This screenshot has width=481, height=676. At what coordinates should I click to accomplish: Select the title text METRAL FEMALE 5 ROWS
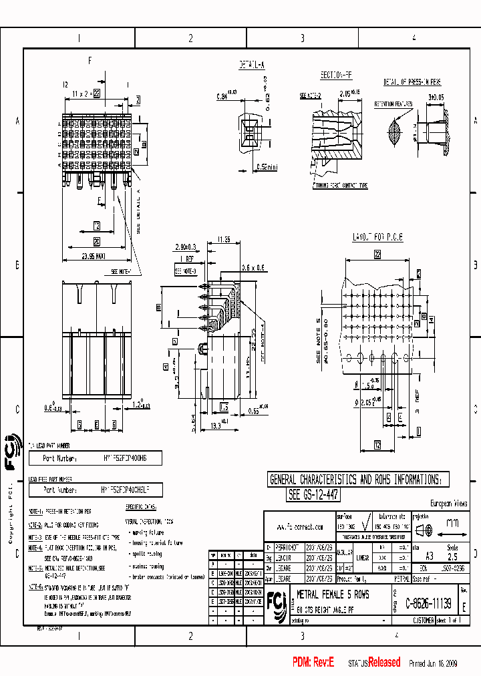point(332,594)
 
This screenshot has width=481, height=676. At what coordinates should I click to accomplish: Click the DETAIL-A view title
point(251,65)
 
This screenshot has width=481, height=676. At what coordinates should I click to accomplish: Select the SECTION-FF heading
point(335,75)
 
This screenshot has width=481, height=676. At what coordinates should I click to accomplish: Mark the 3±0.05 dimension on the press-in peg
point(436,98)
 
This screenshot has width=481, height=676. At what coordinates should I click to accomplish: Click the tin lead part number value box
point(96,459)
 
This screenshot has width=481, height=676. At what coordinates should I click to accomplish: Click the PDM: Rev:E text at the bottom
point(313,662)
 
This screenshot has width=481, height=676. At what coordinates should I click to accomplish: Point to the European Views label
point(448,504)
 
